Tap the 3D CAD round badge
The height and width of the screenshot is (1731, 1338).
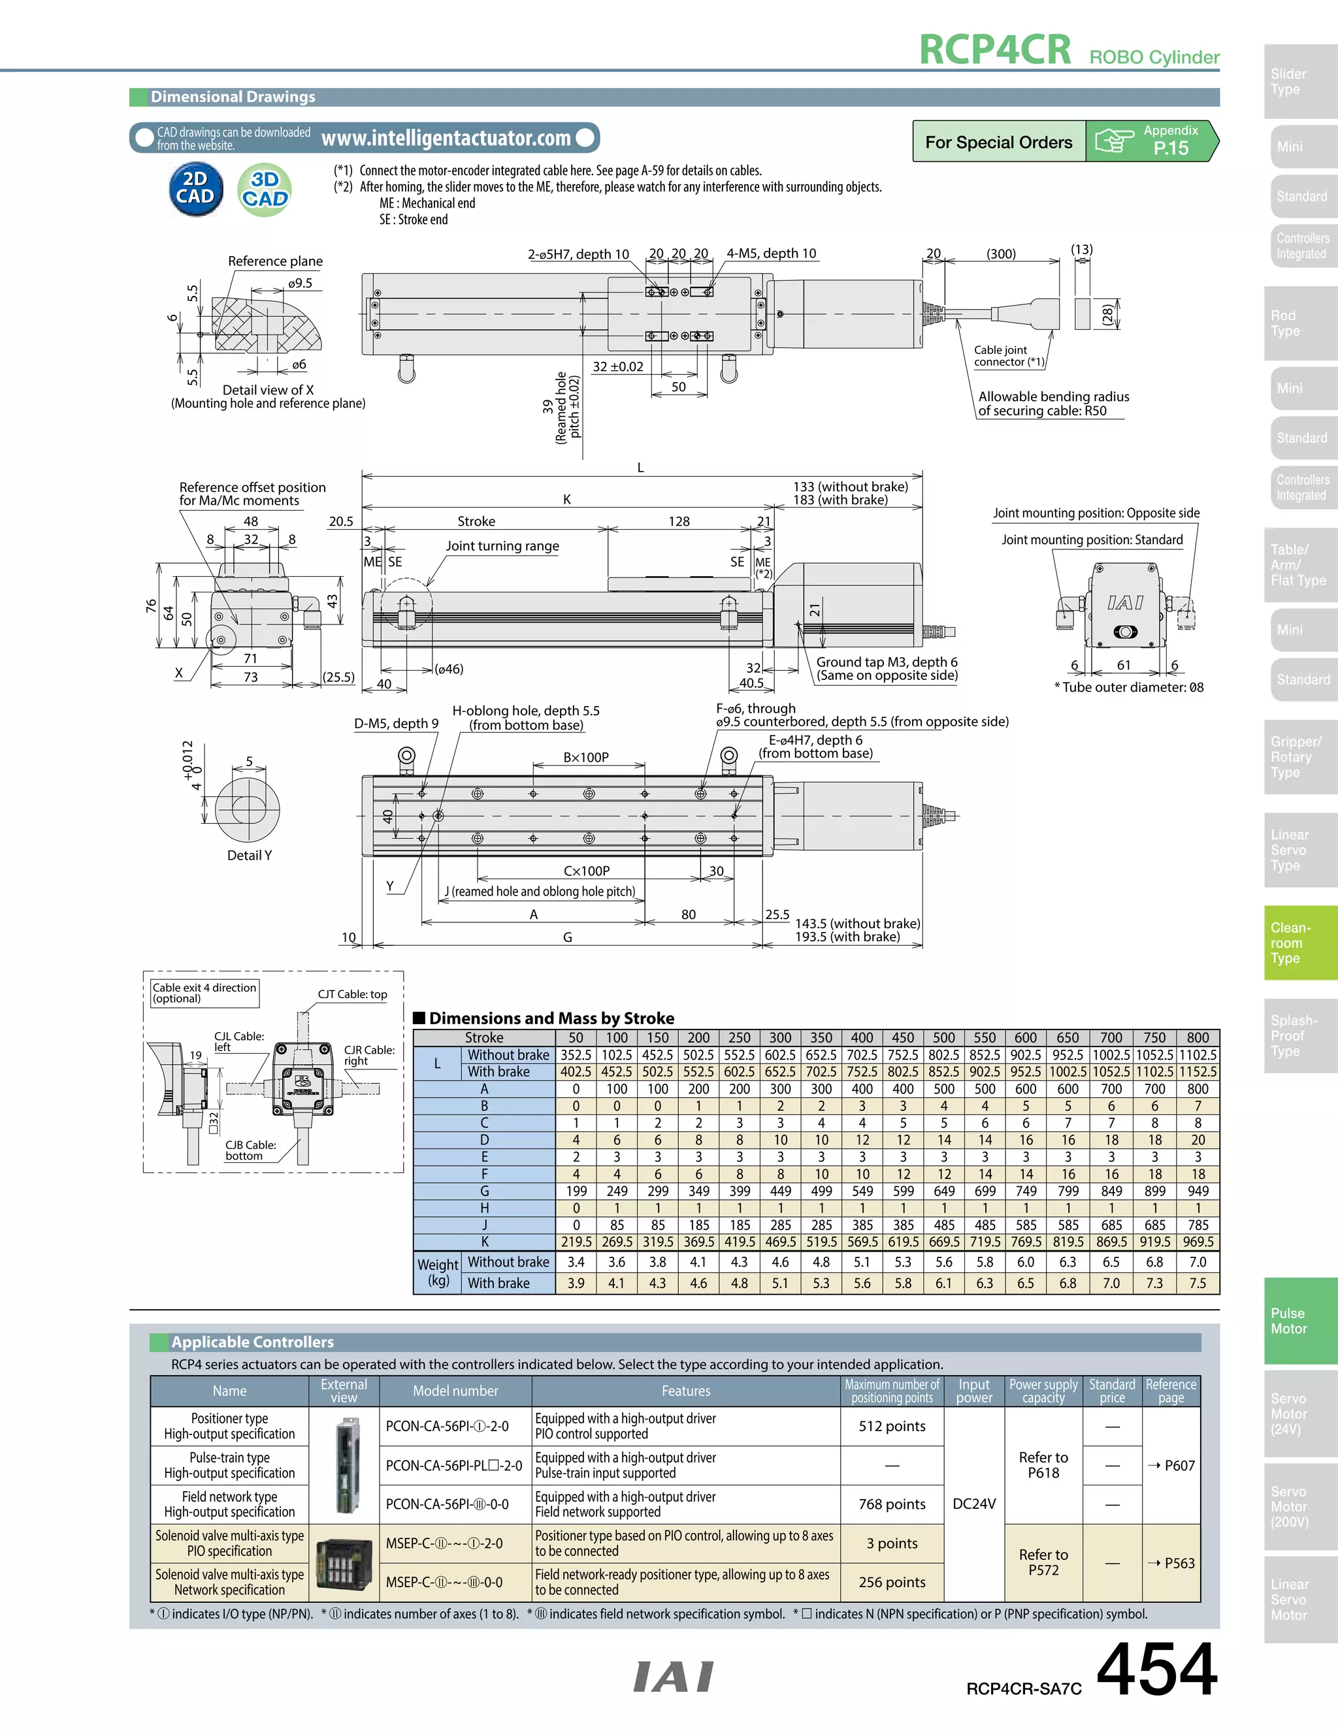(x=265, y=190)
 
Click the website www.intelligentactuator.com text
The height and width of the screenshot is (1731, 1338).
(x=446, y=138)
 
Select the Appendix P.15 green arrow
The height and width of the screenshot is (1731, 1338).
(x=1151, y=141)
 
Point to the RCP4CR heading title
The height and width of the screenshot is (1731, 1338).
(x=995, y=49)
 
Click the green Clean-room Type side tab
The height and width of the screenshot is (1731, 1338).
(x=1300, y=943)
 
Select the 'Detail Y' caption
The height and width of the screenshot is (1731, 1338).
(x=249, y=855)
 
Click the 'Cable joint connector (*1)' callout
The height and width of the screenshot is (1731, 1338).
(x=1008, y=356)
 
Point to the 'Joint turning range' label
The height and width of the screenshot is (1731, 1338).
(x=502, y=545)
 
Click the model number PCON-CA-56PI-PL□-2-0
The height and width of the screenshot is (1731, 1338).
(x=454, y=1466)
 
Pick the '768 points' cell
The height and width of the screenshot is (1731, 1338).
(x=892, y=1504)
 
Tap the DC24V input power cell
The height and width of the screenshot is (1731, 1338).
(x=973, y=1504)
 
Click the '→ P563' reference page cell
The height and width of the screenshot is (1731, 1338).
(x=1171, y=1563)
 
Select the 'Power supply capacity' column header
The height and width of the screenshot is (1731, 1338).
(x=1043, y=1391)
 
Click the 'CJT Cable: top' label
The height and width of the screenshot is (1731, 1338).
(x=352, y=994)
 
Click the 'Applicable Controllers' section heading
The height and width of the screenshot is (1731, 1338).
(x=252, y=1342)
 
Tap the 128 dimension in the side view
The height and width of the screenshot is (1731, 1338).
(x=679, y=521)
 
